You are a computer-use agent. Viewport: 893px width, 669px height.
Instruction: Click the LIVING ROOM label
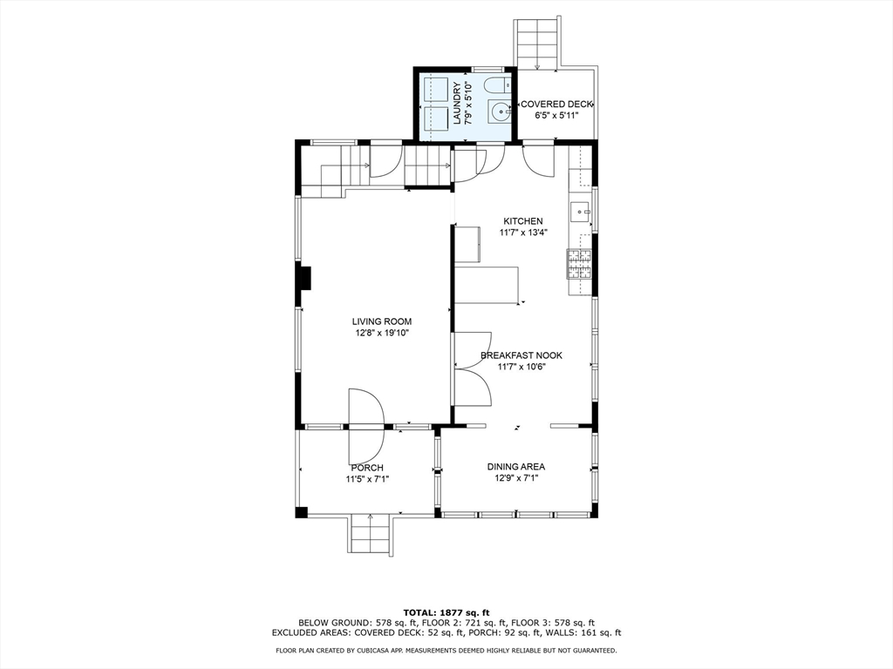(381, 321)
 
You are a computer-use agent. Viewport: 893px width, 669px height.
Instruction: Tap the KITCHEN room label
(523, 220)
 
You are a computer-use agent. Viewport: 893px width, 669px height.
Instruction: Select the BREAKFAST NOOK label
(521, 355)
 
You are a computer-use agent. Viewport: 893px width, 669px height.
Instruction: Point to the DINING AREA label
(516, 467)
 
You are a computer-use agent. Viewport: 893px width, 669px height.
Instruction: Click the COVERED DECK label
(556, 105)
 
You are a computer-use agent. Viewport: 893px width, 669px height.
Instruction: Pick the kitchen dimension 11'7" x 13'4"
(523, 232)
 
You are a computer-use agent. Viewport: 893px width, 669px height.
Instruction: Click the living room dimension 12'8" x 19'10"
(381, 333)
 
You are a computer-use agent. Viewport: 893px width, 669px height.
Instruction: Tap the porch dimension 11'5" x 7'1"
(367, 479)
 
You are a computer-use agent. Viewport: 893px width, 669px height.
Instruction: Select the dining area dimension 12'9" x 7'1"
(516, 478)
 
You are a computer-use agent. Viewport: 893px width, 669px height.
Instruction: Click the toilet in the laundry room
(498, 85)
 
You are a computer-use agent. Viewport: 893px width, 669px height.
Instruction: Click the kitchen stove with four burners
(579, 264)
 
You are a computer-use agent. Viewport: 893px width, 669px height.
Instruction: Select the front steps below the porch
(370, 533)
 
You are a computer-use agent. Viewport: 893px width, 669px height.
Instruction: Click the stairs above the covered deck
(537, 44)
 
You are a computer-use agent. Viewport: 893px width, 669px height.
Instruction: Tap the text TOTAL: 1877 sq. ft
(446, 612)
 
